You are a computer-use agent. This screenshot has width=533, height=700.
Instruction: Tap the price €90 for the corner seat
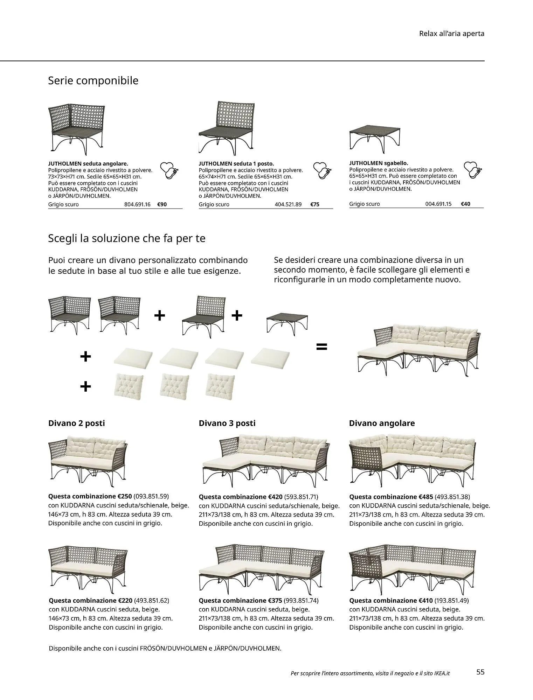coord(162,204)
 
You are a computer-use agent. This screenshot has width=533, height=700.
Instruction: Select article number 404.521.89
coord(288,204)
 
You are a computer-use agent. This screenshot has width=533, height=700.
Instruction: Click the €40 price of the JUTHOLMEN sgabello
coord(465,204)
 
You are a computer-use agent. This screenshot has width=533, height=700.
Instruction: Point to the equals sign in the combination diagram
coord(321,346)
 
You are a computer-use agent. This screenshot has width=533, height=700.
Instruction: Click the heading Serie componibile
coord(93,80)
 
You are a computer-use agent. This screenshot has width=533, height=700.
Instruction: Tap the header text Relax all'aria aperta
coord(451,34)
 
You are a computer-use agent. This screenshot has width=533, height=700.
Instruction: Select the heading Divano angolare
coord(382,423)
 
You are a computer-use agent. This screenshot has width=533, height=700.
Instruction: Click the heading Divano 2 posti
coord(76,423)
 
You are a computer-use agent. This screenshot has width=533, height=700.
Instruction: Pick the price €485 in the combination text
coord(426,497)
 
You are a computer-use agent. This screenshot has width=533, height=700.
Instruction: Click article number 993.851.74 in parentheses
coord(301,601)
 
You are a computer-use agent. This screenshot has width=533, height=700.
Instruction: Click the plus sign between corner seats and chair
coord(159,316)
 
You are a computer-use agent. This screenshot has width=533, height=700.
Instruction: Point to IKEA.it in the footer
coord(442,673)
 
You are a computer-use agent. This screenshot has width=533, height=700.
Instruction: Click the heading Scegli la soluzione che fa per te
coord(126,238)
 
